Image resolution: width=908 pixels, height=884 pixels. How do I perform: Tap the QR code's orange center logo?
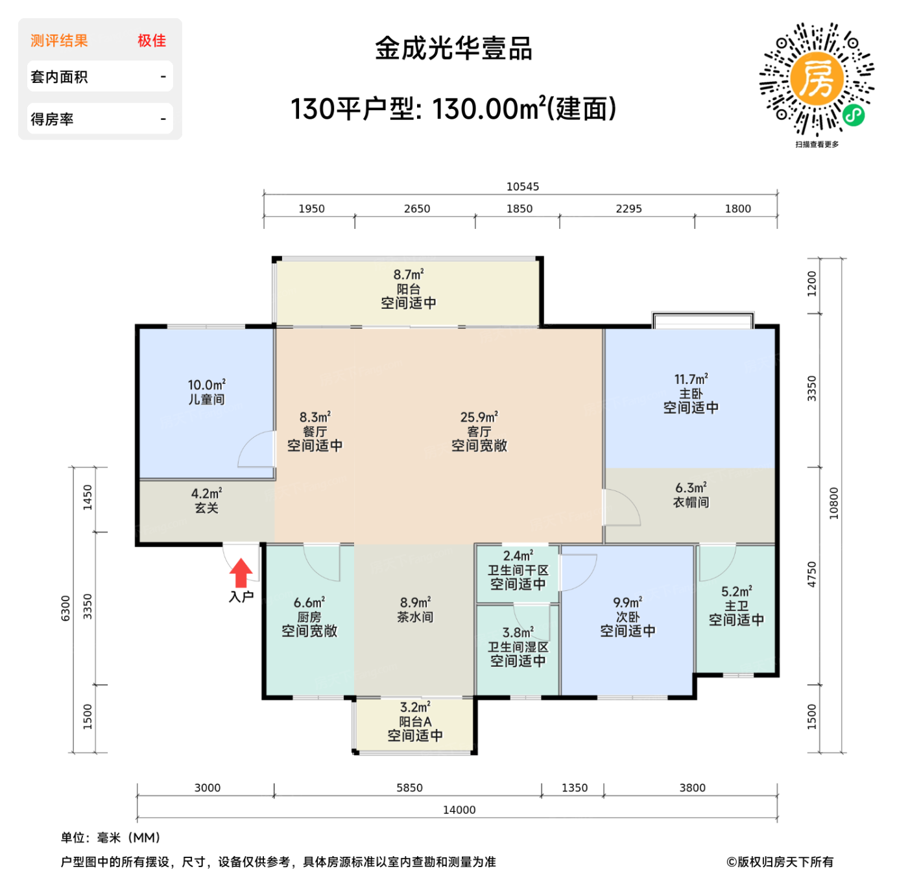point(817,78)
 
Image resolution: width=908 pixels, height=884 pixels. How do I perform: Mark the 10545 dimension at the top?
point(522,187)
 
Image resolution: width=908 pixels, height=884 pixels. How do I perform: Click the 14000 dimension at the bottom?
point(459,809)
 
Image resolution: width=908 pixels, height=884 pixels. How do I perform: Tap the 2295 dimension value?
point(628,209)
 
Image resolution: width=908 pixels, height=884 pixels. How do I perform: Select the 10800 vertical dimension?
point(834,503)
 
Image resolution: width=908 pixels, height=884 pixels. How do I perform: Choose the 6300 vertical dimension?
point(66,608)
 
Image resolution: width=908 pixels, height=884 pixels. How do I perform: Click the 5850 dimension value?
point(409,788)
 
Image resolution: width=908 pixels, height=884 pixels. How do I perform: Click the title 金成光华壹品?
point(453,49)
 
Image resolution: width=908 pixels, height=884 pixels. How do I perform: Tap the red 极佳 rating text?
point(152,41)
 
